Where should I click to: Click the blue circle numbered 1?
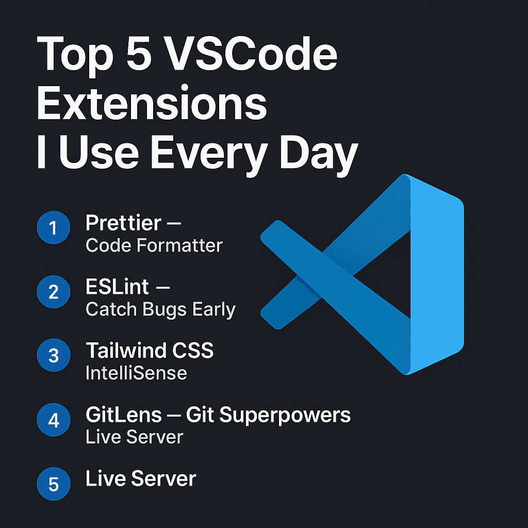pyautogui.click(x=54, y=227)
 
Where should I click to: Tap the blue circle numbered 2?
pyautogui.click(x=54, y=292)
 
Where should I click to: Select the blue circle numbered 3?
pyautogui.click(x=54, y=356)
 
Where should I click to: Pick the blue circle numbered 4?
pyautogui.click(x=54, y=420)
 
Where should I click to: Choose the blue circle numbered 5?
pyautogui.click(x=54, y=485)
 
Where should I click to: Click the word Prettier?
pyautogui.click(x=123, y=223)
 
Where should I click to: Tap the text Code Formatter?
pyautogui.click(x=154, y=245)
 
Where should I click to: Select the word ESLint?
pyautogui.click(x=117, y=287)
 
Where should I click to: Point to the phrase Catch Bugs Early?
pyautogui.click(x=160, y=309)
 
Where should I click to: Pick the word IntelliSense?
pyautogui.click(x=136, y=373)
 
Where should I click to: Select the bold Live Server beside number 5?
pyautogui.click(x=141, y=478)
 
